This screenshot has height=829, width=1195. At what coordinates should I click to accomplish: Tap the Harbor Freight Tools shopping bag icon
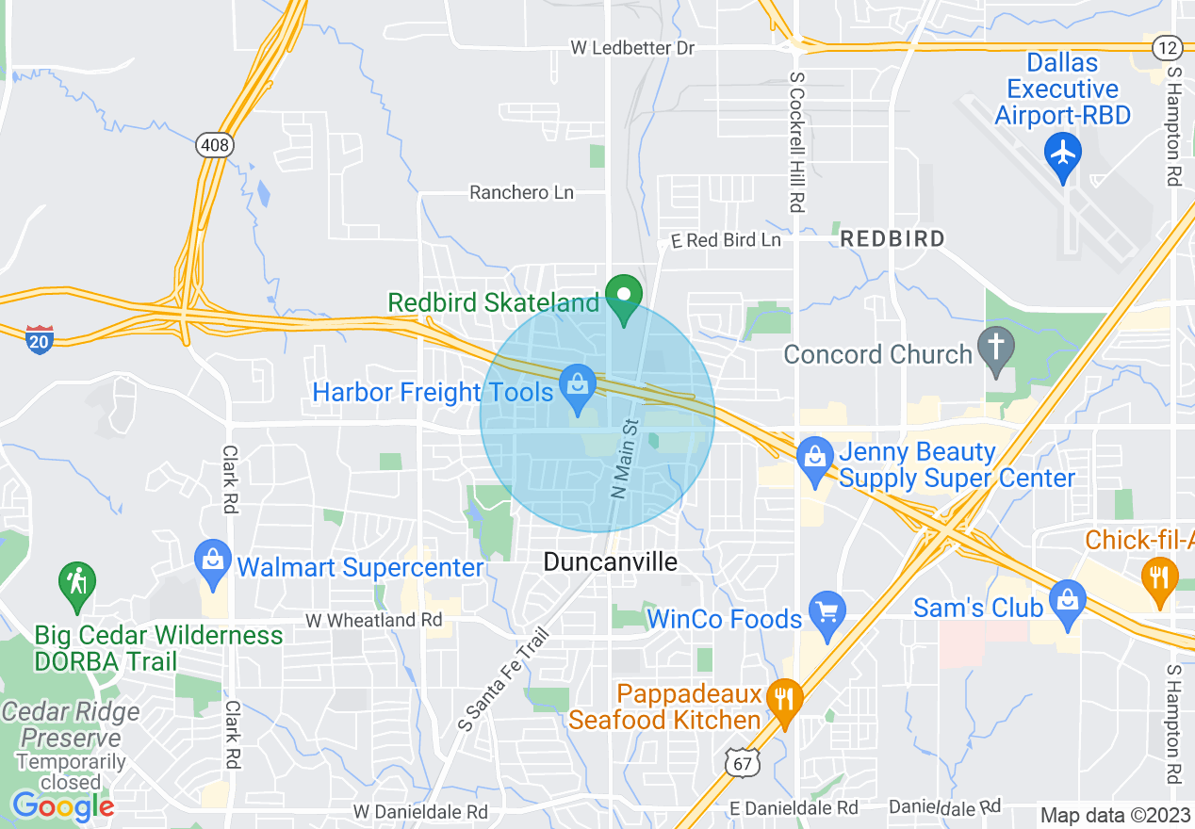[x=578, y=384]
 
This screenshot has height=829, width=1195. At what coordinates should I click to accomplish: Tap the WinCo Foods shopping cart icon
[x=827, y=613]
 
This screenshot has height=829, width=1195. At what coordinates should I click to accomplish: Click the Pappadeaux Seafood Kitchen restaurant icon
[x=784, y=699]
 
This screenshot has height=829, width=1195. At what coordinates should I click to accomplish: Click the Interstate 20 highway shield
[x=40, y=339]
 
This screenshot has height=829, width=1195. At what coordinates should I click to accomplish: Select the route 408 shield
[x=215, y=145]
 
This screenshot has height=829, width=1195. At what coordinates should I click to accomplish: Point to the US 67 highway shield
[x=744, y=763]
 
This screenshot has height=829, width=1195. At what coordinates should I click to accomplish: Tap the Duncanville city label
[x=610, y=562]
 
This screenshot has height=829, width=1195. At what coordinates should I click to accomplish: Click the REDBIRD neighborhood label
[x=892, y=238]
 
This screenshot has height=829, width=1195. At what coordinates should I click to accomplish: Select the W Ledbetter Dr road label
[x=632, y=47]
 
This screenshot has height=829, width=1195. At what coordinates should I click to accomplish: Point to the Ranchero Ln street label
[x=521, y=192]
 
